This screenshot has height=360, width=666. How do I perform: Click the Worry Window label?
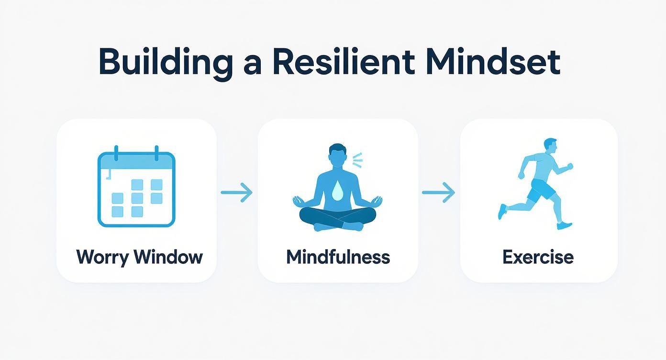click(x=139, y=257)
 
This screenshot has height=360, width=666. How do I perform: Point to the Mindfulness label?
click(x=338, y=257)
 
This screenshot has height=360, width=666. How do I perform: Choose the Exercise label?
click(x=538, y=257)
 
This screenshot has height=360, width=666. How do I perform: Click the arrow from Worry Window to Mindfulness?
click(x=236, y=192)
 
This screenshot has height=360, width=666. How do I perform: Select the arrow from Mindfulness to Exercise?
click(x=438, y=192)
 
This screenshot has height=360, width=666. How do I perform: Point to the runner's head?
click(x=551, y=146)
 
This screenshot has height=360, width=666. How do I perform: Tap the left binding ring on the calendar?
click(x=116, y=154)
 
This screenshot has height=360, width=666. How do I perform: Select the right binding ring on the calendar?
click(x=156, y=154)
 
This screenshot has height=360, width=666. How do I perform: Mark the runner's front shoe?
click(x=565, y=225)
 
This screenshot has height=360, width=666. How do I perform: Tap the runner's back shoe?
click(x=502, y=211)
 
